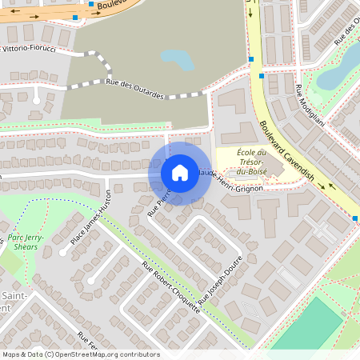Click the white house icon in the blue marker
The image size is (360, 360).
pyautogui.click(x=180, y=173)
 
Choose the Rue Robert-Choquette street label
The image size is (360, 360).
pyautogui.click(x=171, y=289)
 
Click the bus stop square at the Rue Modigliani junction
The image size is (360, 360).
pyautogui.click(x=262, y=76)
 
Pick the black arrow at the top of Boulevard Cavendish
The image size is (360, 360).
pyautogui.click(x=251, y=10)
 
